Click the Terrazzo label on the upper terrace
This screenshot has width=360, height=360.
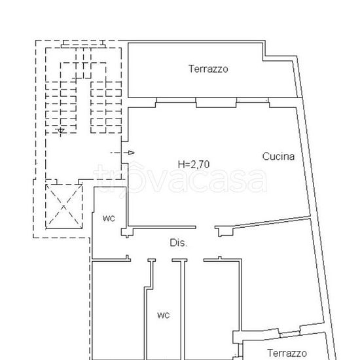208,69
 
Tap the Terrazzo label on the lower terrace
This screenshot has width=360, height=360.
287,352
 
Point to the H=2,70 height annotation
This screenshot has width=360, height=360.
194,164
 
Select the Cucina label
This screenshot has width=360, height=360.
279,156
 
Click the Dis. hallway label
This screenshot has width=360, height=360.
179,243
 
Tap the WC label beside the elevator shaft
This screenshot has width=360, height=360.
109,218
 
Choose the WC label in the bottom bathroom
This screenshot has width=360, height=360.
163,315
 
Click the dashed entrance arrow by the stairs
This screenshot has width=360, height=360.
123,153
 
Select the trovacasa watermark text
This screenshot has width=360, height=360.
180,178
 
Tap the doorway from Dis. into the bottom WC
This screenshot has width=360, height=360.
165,261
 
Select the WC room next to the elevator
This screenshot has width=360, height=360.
109,229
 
